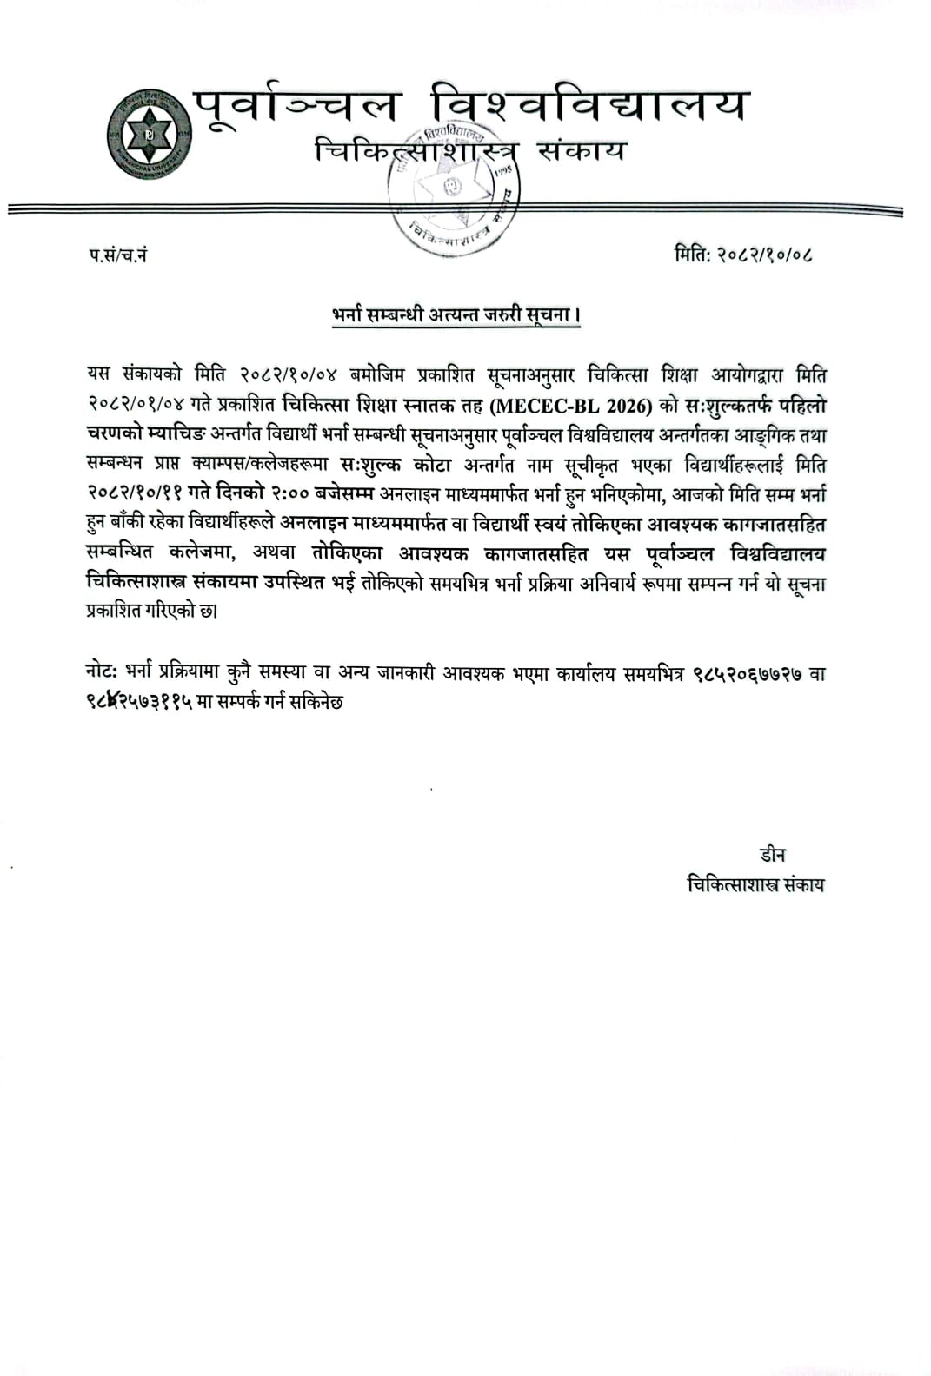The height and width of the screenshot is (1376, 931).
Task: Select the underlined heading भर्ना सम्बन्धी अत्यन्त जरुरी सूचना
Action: (456, 314)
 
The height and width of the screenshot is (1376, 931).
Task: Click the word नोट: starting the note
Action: (103, 673)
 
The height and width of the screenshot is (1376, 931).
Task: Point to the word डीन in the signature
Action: (772, 855)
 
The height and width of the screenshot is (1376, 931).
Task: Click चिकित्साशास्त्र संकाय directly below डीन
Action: (755, 885)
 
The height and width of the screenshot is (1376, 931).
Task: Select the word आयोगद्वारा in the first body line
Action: (708, 376)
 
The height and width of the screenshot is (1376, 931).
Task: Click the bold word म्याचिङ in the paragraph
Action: (188, 436)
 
